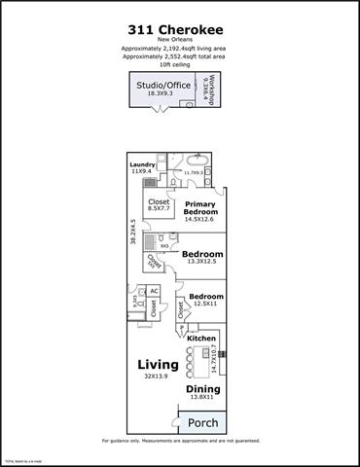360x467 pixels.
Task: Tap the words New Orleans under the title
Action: [180, 40]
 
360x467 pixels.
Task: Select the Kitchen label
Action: [201, 339]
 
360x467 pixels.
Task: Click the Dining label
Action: [203, 388]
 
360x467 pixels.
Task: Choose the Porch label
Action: [201, 423]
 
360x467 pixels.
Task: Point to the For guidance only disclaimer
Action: [180, 442]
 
